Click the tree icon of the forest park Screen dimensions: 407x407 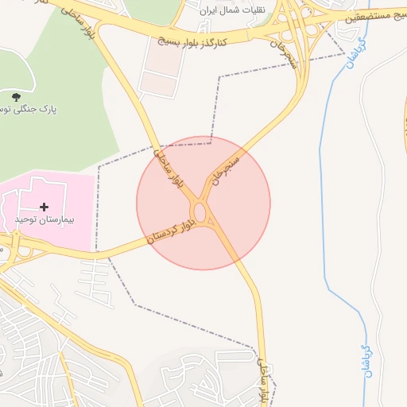(x=17, y=97)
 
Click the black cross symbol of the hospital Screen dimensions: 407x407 (x=44, y=207)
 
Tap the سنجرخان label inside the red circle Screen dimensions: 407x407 (x=225, y=169)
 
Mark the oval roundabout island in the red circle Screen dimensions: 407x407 (x=201, y=213)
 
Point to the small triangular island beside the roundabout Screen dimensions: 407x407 (x=214, y=227)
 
